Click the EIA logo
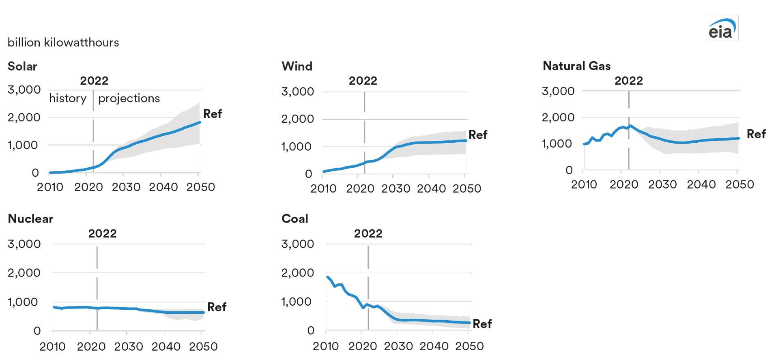click(x=722, y=28)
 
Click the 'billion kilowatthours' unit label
click(x=63, y=43)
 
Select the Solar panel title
click(x=22, y=66)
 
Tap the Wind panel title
click(x=297, y=66)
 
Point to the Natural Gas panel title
click(x=576, y=66)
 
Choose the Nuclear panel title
click(x=30, y=219)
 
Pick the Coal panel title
click(x=295, y=219)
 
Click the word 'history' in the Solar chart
click(x=68, y=99)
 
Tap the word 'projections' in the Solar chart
click(x=129, y=99)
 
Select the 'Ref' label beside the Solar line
click(x=212, y=114)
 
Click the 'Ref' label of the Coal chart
click(x=482, y=324)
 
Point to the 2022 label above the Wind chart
click(x=363, y=81)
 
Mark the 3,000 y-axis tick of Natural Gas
click(x=558, y=91)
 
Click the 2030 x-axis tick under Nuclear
click(x=128, y=347)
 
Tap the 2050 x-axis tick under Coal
click(x=469, y=346)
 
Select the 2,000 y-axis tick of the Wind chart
click(x=297, y=119)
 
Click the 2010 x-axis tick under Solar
click(x=50, y=187)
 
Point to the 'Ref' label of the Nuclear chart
click(x=217, y=307)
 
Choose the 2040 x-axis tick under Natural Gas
click(x=701, y=185)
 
